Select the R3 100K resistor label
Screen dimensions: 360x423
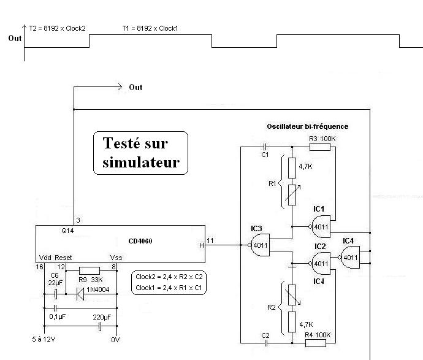coord(324,140)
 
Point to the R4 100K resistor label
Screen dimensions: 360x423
coord(318,334)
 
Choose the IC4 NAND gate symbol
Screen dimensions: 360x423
coord(350,257)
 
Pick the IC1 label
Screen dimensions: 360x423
coord(319,209)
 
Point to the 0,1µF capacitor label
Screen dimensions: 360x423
coord(58,317)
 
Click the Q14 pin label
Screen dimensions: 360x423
coord(67,232)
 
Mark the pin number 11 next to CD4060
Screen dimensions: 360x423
coord(210,240)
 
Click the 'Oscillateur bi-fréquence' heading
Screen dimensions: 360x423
coord(307,126)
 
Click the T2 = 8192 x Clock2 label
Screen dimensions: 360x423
coord(57,28)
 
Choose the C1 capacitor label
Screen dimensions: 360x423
coord(265,155)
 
